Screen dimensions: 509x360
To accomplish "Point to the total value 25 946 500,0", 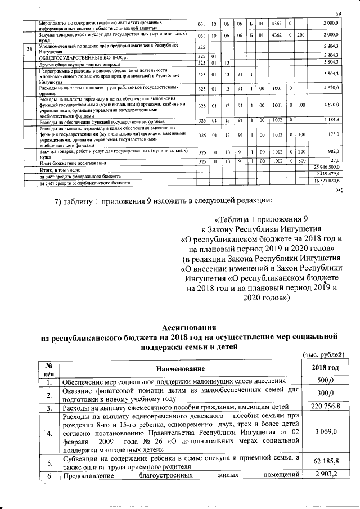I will point(327,168).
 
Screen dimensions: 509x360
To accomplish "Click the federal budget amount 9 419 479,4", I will point(328,175).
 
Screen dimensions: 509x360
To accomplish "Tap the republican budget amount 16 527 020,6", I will point(327,182).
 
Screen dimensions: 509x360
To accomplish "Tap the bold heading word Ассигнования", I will point(188,327).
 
